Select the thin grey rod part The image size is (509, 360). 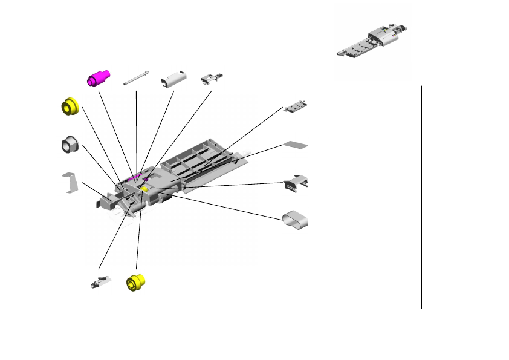click(x=136, y=79)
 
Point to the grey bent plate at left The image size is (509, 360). click(x=71, y=182)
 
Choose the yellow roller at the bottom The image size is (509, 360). click(x=136, y=283)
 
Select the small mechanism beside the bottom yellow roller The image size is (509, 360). click(x=100, y=281)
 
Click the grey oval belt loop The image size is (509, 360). click(x=296, y=219)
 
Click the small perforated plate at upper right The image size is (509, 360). click(x=297, y=106)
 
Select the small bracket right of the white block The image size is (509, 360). click(x=212, y=79)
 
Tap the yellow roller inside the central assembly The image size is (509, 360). click(x=146, y=189)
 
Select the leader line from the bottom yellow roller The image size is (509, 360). click(x=139, y=236)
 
